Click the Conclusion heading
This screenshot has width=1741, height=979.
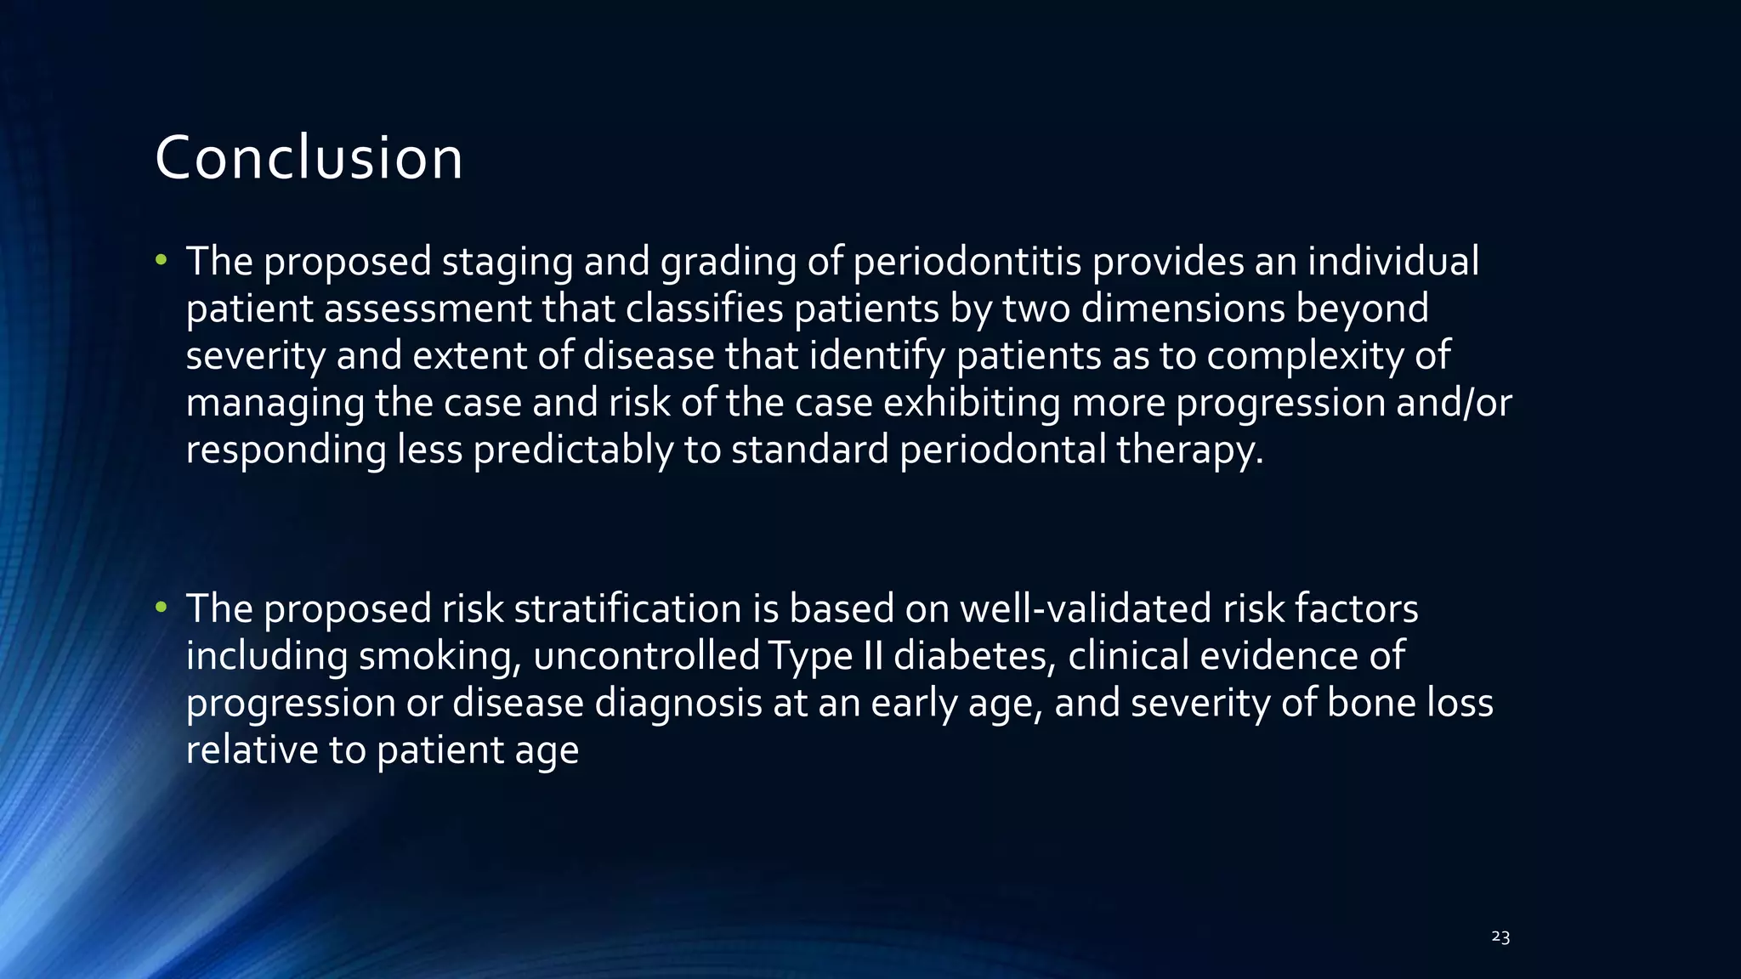click(309, 158)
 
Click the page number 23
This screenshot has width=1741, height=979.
click(1500, 937)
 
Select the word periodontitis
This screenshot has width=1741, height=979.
click(967, 261)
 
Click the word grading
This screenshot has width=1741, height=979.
click(728, 263)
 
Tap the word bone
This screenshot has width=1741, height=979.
click(1370, 703)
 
